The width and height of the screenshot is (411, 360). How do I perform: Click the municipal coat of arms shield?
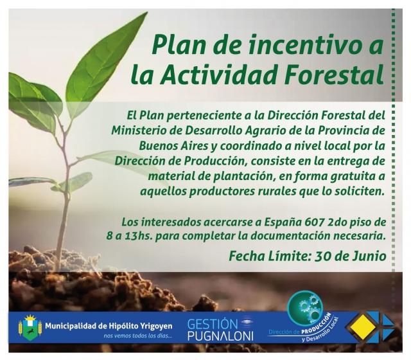coord(30,327)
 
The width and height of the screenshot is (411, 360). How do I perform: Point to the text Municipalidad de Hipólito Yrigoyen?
coord(109,326)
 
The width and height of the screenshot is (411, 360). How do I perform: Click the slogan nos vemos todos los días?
coord(137,336)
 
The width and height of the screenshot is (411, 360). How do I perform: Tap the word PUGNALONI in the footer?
coord(220,336)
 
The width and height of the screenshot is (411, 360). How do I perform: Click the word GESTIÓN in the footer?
coord(213,325)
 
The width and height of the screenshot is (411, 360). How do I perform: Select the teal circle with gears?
coord(305,309)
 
